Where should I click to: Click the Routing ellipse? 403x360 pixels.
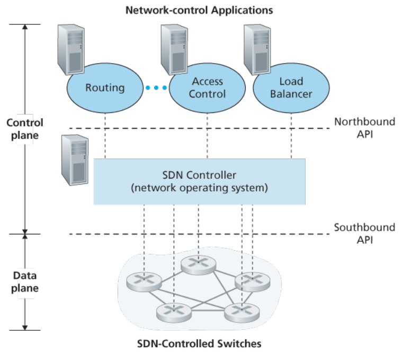coord(105,88)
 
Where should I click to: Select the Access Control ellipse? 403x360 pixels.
coord(207,88)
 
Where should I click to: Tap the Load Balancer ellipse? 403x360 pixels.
coord(291,88)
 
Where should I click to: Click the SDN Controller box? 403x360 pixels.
coord(200,182)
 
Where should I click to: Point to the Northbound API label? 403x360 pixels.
coord(365,128)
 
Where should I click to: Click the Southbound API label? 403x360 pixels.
coord(365,234)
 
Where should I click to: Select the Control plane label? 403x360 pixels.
coord(25,129)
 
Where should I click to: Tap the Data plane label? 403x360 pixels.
coord(25,282)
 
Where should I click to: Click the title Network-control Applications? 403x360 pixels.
coord(199,10)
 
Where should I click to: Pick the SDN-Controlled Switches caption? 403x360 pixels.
coord(199,344)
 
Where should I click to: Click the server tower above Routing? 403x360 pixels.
coord(71,50)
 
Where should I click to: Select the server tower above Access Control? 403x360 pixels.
coord(174,50)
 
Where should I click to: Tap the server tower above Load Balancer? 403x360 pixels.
coord(257,50)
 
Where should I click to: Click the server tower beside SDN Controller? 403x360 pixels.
coord(75,160)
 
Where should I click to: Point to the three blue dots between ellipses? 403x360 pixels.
coord(156,88)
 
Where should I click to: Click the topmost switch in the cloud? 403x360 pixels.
coord(199,265)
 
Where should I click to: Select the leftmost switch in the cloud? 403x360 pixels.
coord(144,282)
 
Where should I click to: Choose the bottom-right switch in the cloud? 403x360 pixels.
coord(242,312)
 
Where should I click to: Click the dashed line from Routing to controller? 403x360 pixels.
coord(105,136)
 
